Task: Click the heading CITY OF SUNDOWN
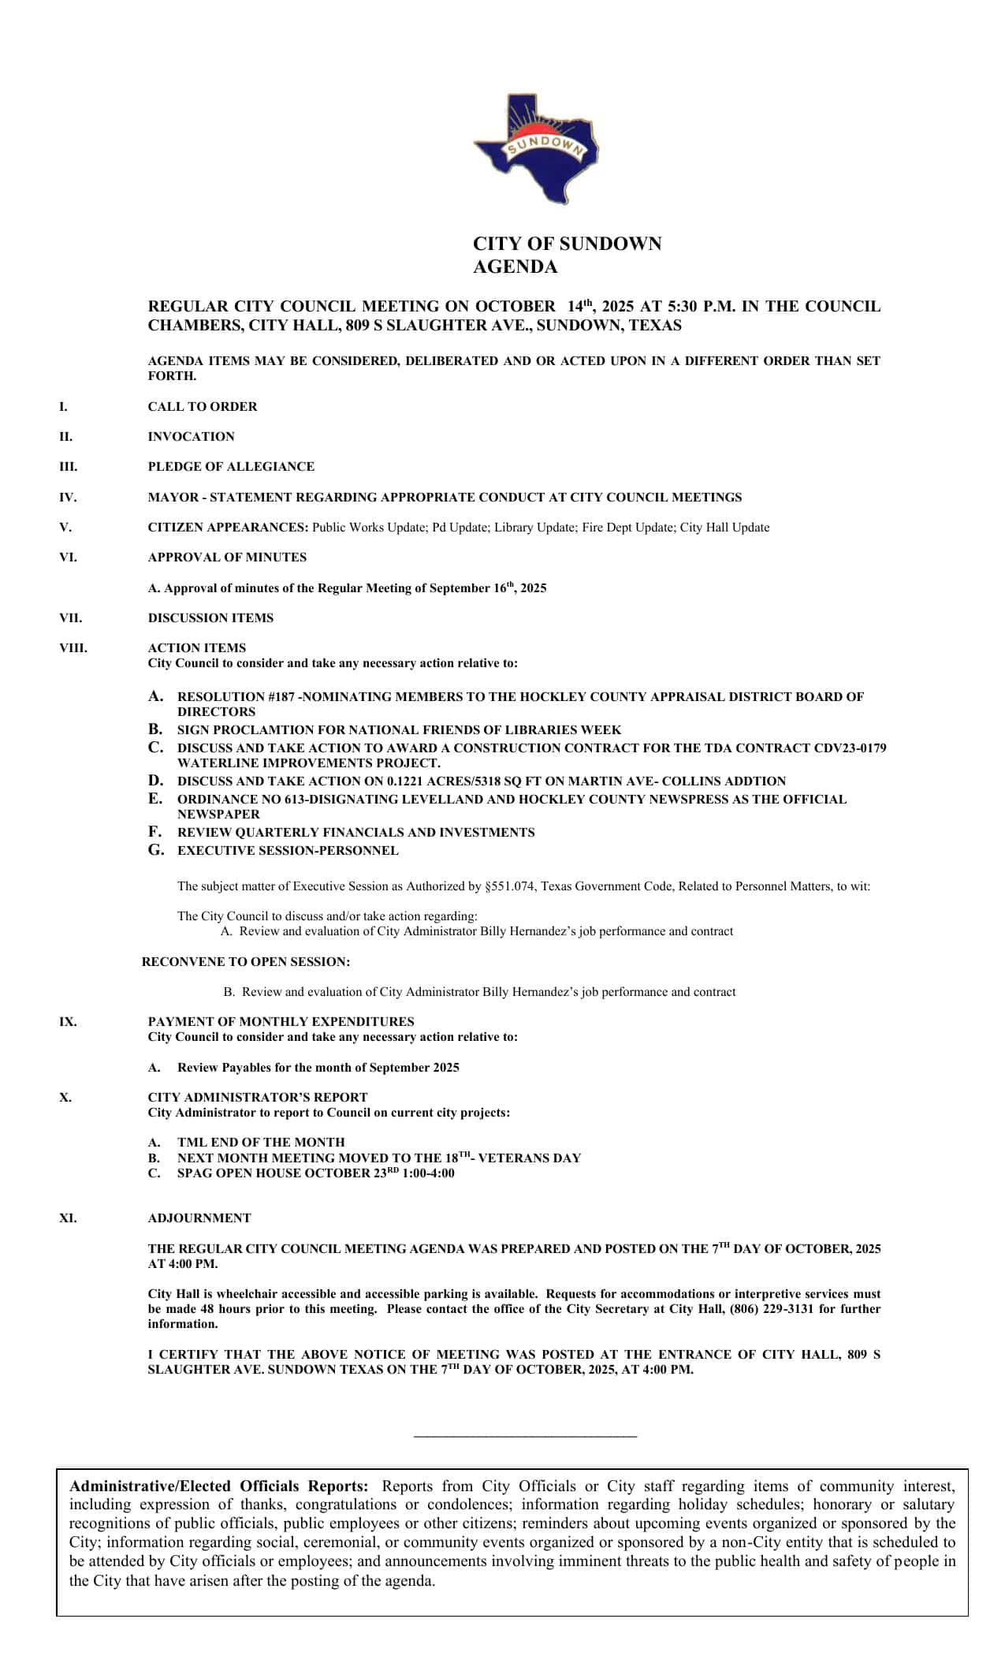click(x=567, y=244)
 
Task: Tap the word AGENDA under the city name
click(x=515, y=267)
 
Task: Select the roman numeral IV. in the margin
click(x=68, y=498)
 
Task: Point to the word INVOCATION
click(x=191, y=437)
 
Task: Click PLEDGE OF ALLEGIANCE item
click(x=231, y=467)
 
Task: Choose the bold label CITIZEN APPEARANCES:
click(x=228, y=528)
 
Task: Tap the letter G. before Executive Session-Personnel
click(x=156, y=850)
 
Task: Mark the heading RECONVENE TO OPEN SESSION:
click(x=246, y=962)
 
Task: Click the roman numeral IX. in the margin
click(x=68, y=1022)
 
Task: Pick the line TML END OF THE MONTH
click(x=261, y=1142)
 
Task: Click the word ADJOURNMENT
click(x=199, y=1218)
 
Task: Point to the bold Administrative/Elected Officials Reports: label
click(x=218, y=1486)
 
